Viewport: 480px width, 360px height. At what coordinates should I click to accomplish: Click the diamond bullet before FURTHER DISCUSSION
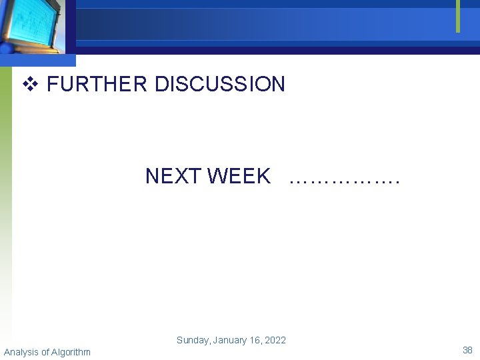[x=29, y=85]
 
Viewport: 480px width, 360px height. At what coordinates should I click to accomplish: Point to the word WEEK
[x=239, y=176]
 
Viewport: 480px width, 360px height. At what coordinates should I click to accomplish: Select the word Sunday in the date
[x=193, y=340]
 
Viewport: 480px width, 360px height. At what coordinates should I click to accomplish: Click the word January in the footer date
[x=230, y=340]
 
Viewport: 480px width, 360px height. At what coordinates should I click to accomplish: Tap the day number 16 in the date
[x=257, y=340]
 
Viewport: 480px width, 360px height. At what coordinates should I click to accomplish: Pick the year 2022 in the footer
[x=275, y=340]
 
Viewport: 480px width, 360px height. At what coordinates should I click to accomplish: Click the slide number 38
[x=467, y=350]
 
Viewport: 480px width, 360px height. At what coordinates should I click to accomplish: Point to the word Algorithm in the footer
[x=71, y=352]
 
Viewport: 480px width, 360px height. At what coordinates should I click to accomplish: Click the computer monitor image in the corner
[x=33, y=27]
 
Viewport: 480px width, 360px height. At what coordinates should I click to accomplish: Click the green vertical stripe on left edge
[x=5, y=167]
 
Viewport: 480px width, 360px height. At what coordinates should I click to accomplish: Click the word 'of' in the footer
[x=45, y=352]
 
